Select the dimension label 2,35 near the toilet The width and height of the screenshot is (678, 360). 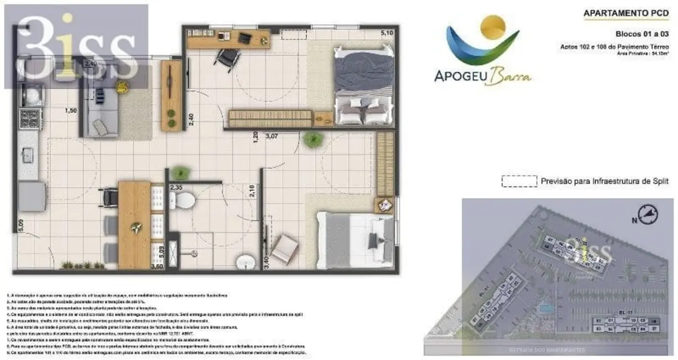tap(177, 187)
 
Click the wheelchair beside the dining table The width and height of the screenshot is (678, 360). tap(109, 196)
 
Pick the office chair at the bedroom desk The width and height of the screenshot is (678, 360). tap(226, 58)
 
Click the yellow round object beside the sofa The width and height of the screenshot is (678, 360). tap(121, 86)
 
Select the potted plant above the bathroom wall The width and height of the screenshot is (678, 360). tap(179, 172)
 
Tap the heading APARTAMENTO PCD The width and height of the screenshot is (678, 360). tap(626, 12)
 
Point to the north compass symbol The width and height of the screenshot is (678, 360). tap(647, 214)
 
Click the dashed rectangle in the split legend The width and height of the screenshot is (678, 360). tap(519, 181)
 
